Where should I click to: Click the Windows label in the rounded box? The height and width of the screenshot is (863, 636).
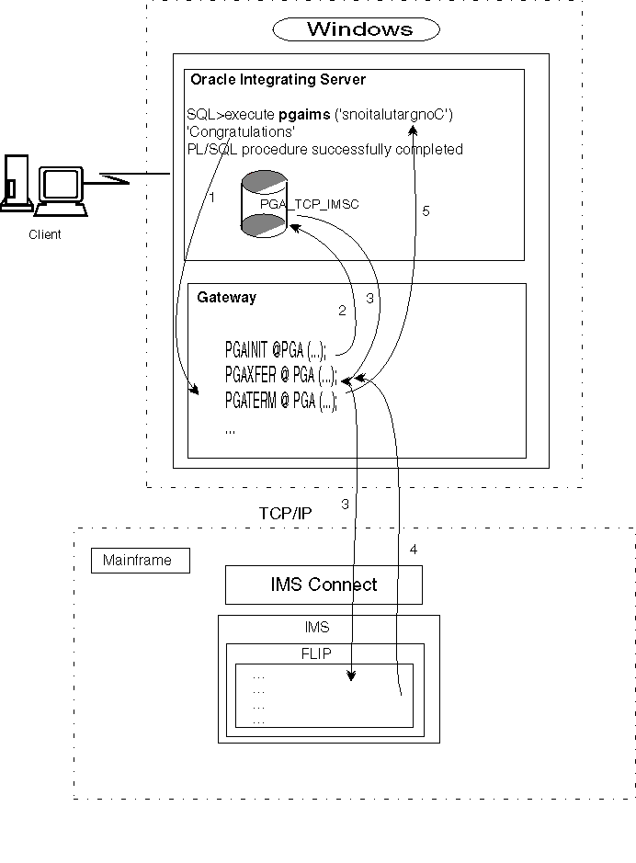pos(359,29)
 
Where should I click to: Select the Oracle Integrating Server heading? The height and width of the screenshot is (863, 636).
pos(278,80)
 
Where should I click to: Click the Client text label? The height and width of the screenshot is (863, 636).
pos(44,234)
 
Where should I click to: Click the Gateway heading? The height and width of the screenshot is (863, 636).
pos(227,297)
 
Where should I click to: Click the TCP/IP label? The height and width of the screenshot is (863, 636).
pos(285,513)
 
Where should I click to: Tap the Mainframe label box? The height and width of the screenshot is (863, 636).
pos(140,560)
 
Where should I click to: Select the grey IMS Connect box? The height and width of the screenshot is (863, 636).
pos(324,585)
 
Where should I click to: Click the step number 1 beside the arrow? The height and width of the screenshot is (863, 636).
pos(211,197)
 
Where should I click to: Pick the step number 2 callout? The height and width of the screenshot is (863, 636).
pos(342,311)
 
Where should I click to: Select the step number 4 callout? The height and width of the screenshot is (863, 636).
pos(413,549)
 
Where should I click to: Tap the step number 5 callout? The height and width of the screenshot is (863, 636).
pos(425,210)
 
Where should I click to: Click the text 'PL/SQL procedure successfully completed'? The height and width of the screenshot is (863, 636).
pos(324,149)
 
